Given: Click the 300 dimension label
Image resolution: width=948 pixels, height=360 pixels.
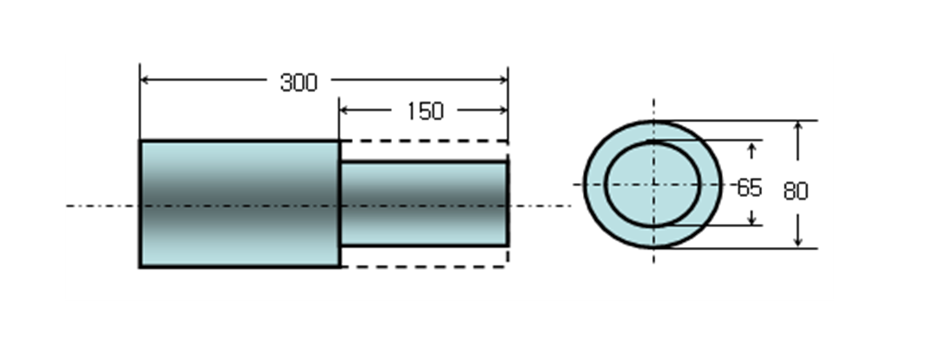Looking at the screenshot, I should (298, 83).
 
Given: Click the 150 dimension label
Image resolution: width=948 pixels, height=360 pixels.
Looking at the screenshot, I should (425, 112).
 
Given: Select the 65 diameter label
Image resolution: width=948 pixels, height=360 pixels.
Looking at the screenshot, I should (749, 188).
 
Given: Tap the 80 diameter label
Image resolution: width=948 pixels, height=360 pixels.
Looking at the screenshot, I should (796, 191).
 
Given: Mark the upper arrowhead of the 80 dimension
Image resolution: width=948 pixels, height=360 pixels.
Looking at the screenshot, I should (798, 127).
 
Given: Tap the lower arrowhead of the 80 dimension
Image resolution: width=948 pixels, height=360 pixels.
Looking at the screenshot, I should (798, 242).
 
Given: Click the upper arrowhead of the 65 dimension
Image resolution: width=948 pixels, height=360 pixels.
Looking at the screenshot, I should (752, 147).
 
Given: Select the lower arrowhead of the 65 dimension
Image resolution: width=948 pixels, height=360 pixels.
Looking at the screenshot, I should (752, 220).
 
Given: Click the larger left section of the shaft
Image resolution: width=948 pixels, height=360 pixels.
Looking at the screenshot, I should (239, 204).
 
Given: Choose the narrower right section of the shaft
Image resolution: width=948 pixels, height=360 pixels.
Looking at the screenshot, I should (424, 204).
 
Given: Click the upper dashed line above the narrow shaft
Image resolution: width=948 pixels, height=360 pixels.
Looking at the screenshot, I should (424, 141).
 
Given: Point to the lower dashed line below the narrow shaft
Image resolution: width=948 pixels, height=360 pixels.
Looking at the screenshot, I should (424, 267).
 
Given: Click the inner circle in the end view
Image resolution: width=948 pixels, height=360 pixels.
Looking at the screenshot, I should (653, 184).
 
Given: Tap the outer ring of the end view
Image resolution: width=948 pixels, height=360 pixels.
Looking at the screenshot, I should (594, 184).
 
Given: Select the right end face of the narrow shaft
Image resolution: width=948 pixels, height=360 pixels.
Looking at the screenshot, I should (507, 204).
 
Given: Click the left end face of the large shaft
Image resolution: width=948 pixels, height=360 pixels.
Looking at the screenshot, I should (140, 204).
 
